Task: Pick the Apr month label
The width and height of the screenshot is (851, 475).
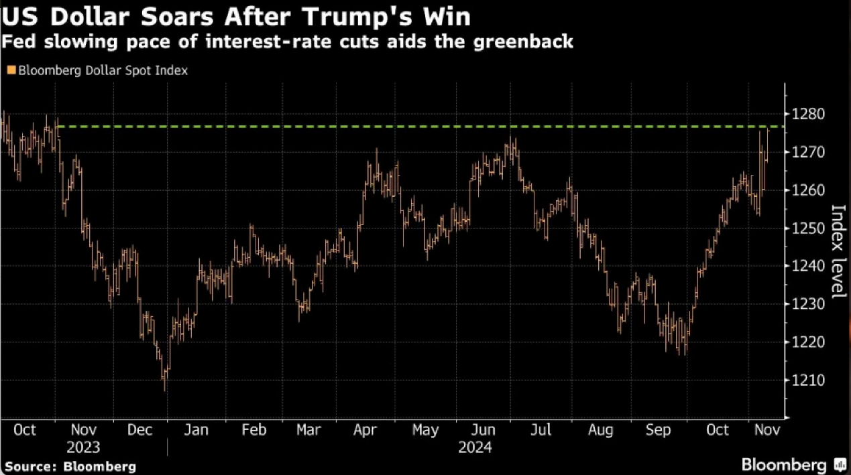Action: click(364, 429)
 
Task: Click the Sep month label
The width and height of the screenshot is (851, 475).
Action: click(657, 429)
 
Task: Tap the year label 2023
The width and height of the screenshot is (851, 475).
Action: click(83, 448)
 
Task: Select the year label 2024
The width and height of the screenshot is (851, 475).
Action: click(475, 448)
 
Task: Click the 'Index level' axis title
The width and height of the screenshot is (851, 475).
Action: click(838, 251)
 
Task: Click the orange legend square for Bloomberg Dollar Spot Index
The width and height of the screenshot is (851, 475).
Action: click(10, 70)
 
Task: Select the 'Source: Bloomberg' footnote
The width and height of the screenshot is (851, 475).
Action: click(70, 466)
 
